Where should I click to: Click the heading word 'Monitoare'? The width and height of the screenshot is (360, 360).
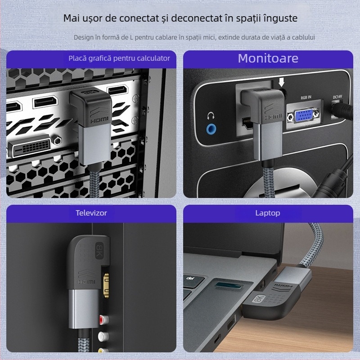click(x=268, y=58)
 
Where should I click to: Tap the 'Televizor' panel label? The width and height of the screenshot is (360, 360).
click(x=92, y=213)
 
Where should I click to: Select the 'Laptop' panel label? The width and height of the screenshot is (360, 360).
click(x=267, y=213)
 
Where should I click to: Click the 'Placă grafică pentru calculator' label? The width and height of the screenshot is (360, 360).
click(x=119, y=58)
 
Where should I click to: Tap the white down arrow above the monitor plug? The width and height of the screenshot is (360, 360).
click(x=282, y=82)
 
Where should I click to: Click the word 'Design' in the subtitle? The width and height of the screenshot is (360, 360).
click(x=85, y=37)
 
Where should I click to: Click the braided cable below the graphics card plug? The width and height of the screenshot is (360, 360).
click(x=96, y=180)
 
